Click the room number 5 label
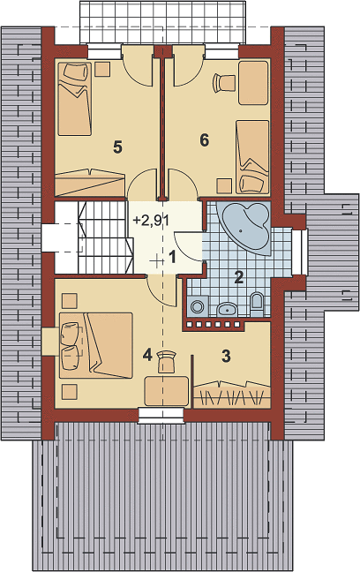coord(117,147)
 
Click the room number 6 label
coord(205,140)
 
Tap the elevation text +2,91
coord(151,221)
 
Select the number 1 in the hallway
coord(171,257)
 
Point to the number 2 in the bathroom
coord(238,277)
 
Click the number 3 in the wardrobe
coord(226,356)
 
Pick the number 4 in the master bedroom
coord(147,355)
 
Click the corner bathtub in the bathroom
coord(244,228)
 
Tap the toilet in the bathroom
coord(257,304)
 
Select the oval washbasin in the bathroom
coord(228,309)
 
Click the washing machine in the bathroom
coord(198,305)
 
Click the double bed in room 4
coord(95,345)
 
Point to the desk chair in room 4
coord(166,361)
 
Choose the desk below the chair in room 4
coord(166,391)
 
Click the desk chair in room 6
coord(223,82)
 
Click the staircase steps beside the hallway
coord(104,237)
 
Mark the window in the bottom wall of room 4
coord(161,416)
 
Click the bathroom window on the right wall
coord(302,252)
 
